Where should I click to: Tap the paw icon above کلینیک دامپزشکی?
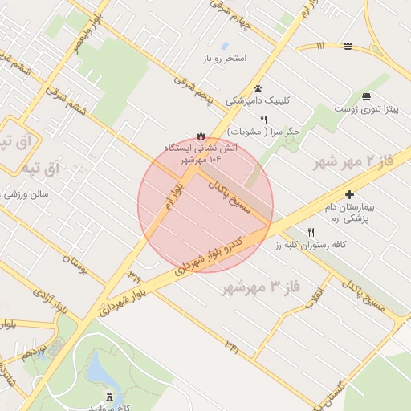click(258, 88)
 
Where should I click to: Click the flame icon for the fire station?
click(201, 135)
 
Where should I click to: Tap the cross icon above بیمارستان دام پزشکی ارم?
click(349, 194)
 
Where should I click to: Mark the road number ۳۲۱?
click(233, 347)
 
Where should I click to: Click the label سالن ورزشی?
click(27, 194)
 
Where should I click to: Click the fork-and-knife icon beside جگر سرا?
click(263, 119)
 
